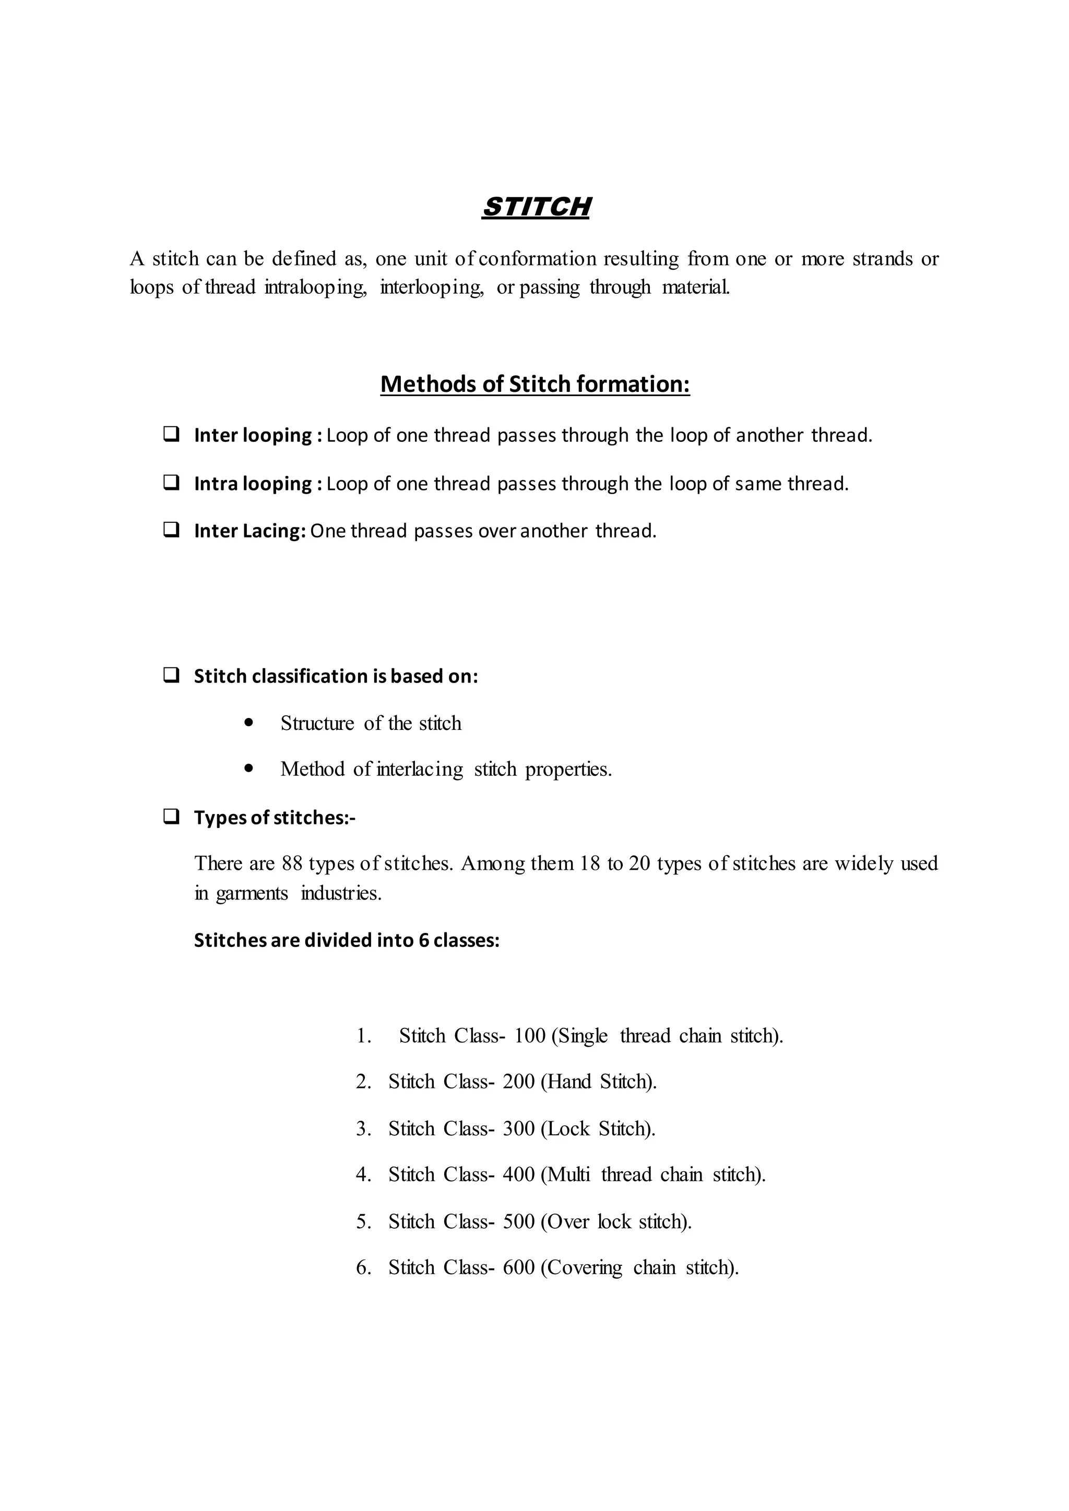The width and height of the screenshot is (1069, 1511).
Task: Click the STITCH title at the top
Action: tap(536, 207)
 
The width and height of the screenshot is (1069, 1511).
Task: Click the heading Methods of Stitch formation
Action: tap(534, 383)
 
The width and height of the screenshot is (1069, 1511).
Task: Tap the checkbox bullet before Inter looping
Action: tap(172, 434)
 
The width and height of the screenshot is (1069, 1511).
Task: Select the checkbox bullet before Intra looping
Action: tap(172, 483)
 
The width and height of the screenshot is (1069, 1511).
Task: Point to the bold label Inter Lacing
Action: tap(250, 531)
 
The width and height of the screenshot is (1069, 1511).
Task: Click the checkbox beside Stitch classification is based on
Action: tap(172, 675)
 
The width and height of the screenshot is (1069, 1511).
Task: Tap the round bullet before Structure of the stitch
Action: tap(248, 723)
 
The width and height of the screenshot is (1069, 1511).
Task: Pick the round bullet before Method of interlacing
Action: tap(248, 768)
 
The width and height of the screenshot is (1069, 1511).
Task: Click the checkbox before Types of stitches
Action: tap(172, 817)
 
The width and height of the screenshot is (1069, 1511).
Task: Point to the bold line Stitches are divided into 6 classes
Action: tap(347, 940)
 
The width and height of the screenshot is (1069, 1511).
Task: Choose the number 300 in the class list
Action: tap(519, 1129)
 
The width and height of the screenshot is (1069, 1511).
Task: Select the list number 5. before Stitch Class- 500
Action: tap(363, 1221)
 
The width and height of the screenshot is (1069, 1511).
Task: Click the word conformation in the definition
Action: tap(537, 259)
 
